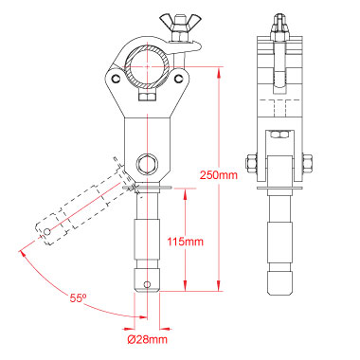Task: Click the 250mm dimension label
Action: (218, 174)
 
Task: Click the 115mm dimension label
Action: (185, 242)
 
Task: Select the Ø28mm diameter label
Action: (147, 339)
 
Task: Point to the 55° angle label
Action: (78, 297)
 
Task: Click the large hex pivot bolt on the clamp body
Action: (147, 164)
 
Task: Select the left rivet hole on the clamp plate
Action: (117, 78)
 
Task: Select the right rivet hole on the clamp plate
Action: (179, 78)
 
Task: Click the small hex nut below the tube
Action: (147, 96)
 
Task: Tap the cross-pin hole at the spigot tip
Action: (147, 284)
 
